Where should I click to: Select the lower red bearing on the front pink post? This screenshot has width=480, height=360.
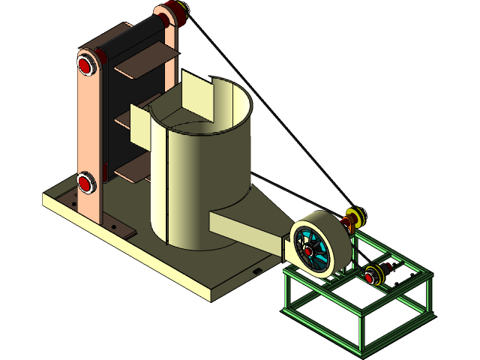[85, 182]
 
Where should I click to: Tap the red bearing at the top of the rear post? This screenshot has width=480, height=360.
[171, 13]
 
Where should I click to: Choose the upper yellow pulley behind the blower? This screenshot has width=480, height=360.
[358, 217]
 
